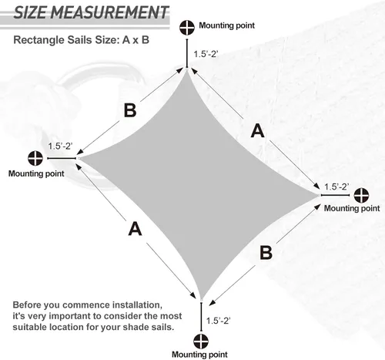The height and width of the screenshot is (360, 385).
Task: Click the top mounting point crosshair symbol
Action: [187, 28]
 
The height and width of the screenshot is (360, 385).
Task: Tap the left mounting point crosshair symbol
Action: [35, 158]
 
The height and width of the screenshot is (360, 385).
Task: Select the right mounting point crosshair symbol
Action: [361, 195]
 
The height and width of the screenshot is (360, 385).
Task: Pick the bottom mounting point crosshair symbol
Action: [201, 341]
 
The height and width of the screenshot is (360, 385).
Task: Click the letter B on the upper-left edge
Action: [130, 110]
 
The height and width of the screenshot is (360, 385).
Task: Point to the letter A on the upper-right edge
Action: [258, 131]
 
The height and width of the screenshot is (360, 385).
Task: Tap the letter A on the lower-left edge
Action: [135, 229]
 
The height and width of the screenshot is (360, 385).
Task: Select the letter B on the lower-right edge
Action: [266, 253]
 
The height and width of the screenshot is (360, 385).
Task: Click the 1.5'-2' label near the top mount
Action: [206, 54]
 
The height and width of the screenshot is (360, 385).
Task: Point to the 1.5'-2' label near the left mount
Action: [61, 146]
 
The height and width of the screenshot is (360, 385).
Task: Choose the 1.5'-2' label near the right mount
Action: [336, 187]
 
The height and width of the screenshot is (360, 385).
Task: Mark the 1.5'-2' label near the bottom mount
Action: [219, 321]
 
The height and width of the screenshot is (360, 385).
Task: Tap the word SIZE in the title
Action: [30, 12]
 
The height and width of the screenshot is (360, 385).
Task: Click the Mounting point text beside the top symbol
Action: [227, 25]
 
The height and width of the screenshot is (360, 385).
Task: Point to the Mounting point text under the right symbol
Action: [352, 208]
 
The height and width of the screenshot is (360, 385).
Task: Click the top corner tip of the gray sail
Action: [187, 69]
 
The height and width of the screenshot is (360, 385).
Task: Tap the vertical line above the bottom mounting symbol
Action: [201, 317]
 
